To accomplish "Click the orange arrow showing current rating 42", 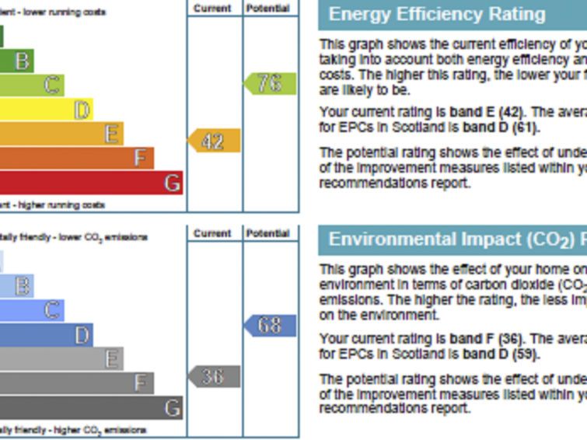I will [x=214, y=141].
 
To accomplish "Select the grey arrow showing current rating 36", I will [x=214, y=376].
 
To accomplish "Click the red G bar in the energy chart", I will [x=91, y=183].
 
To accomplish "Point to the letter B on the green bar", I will [x=24, y=61].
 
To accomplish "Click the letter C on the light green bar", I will [x=53, y=85].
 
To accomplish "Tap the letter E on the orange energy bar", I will [x=113, y=134].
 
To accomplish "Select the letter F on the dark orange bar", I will [x=141, y=159].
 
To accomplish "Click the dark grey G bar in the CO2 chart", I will [x=91, y=407].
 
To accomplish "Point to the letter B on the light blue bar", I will [x=24, y=286].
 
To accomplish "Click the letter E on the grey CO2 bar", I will [x=113, y=358].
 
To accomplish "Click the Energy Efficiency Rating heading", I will [x=437, y=14].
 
